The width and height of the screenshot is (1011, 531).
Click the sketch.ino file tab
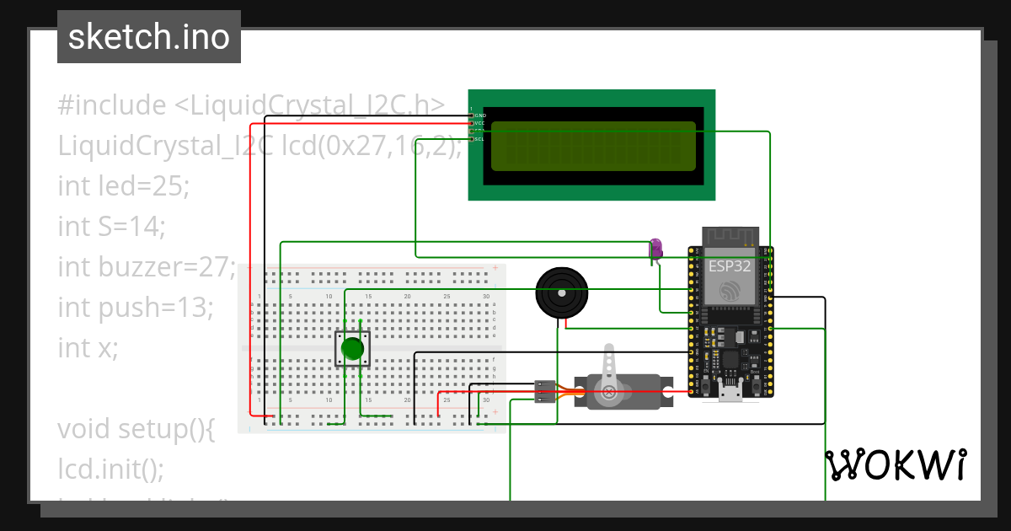coord(148,37)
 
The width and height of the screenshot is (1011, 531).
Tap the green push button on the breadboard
coord(353,348)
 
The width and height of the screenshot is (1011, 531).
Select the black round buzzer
coord(562,294)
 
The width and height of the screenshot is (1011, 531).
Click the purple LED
coord(655,248)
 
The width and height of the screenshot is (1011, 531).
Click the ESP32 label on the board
coord(730,265)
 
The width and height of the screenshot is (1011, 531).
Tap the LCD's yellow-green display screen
coord(593,146)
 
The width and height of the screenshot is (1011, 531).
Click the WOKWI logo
coord(895,464)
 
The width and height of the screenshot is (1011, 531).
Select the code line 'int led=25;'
coord(124,185)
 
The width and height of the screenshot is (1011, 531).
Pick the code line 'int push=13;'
coord(135,307)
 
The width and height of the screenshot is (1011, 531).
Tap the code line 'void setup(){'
coord(136,428)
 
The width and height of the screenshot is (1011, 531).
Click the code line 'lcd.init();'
coord(111,468)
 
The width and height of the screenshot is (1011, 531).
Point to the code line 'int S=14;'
coord(111,226)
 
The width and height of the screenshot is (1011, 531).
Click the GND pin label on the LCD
coord(480,115)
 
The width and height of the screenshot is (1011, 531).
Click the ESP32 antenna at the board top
coord(730,236)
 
